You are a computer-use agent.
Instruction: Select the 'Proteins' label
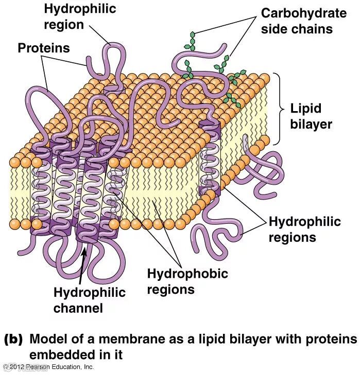tap(44, 48)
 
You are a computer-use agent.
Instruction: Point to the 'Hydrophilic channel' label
tap(89, 300)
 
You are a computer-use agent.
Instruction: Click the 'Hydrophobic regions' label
tap(187, 281)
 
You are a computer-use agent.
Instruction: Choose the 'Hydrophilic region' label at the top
tap(80, 16)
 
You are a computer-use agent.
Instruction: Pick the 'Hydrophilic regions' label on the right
tap(304, 229)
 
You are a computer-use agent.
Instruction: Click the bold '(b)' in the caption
tap(13, 340)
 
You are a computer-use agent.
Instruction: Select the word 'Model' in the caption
tap(48, 340)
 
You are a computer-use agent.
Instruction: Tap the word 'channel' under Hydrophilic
tap(78, 308)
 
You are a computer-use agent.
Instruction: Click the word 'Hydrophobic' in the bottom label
tap(187, 273)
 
